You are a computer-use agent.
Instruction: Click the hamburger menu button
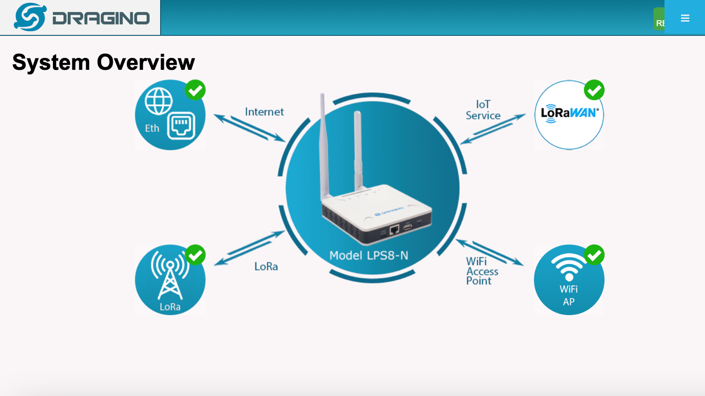[685, 18]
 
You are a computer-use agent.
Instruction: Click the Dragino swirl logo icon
[30, 17]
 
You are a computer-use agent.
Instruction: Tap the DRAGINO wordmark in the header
[101, 18]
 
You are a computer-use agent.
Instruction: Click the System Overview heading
[104, 62]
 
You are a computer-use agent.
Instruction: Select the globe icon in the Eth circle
[158, 101]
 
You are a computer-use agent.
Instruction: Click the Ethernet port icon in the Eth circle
[181, 125]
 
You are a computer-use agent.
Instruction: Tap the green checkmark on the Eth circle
[196, 90]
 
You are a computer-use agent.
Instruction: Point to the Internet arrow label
[264, 112]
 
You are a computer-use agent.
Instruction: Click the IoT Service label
[483, 110]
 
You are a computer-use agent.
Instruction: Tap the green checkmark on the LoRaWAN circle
[594, 90]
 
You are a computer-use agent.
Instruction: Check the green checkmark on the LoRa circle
[196, 255]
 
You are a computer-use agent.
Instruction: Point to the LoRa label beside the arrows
[266, 266]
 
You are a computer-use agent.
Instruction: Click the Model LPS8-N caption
[369, 255]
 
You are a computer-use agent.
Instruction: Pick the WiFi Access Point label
[482, 271]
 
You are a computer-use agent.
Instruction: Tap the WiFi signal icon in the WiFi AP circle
[569, 266]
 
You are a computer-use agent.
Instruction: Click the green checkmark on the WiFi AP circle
[594, 255]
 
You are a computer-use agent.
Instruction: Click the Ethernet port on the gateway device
[394, 229]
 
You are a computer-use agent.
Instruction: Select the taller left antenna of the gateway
[324, 147]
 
